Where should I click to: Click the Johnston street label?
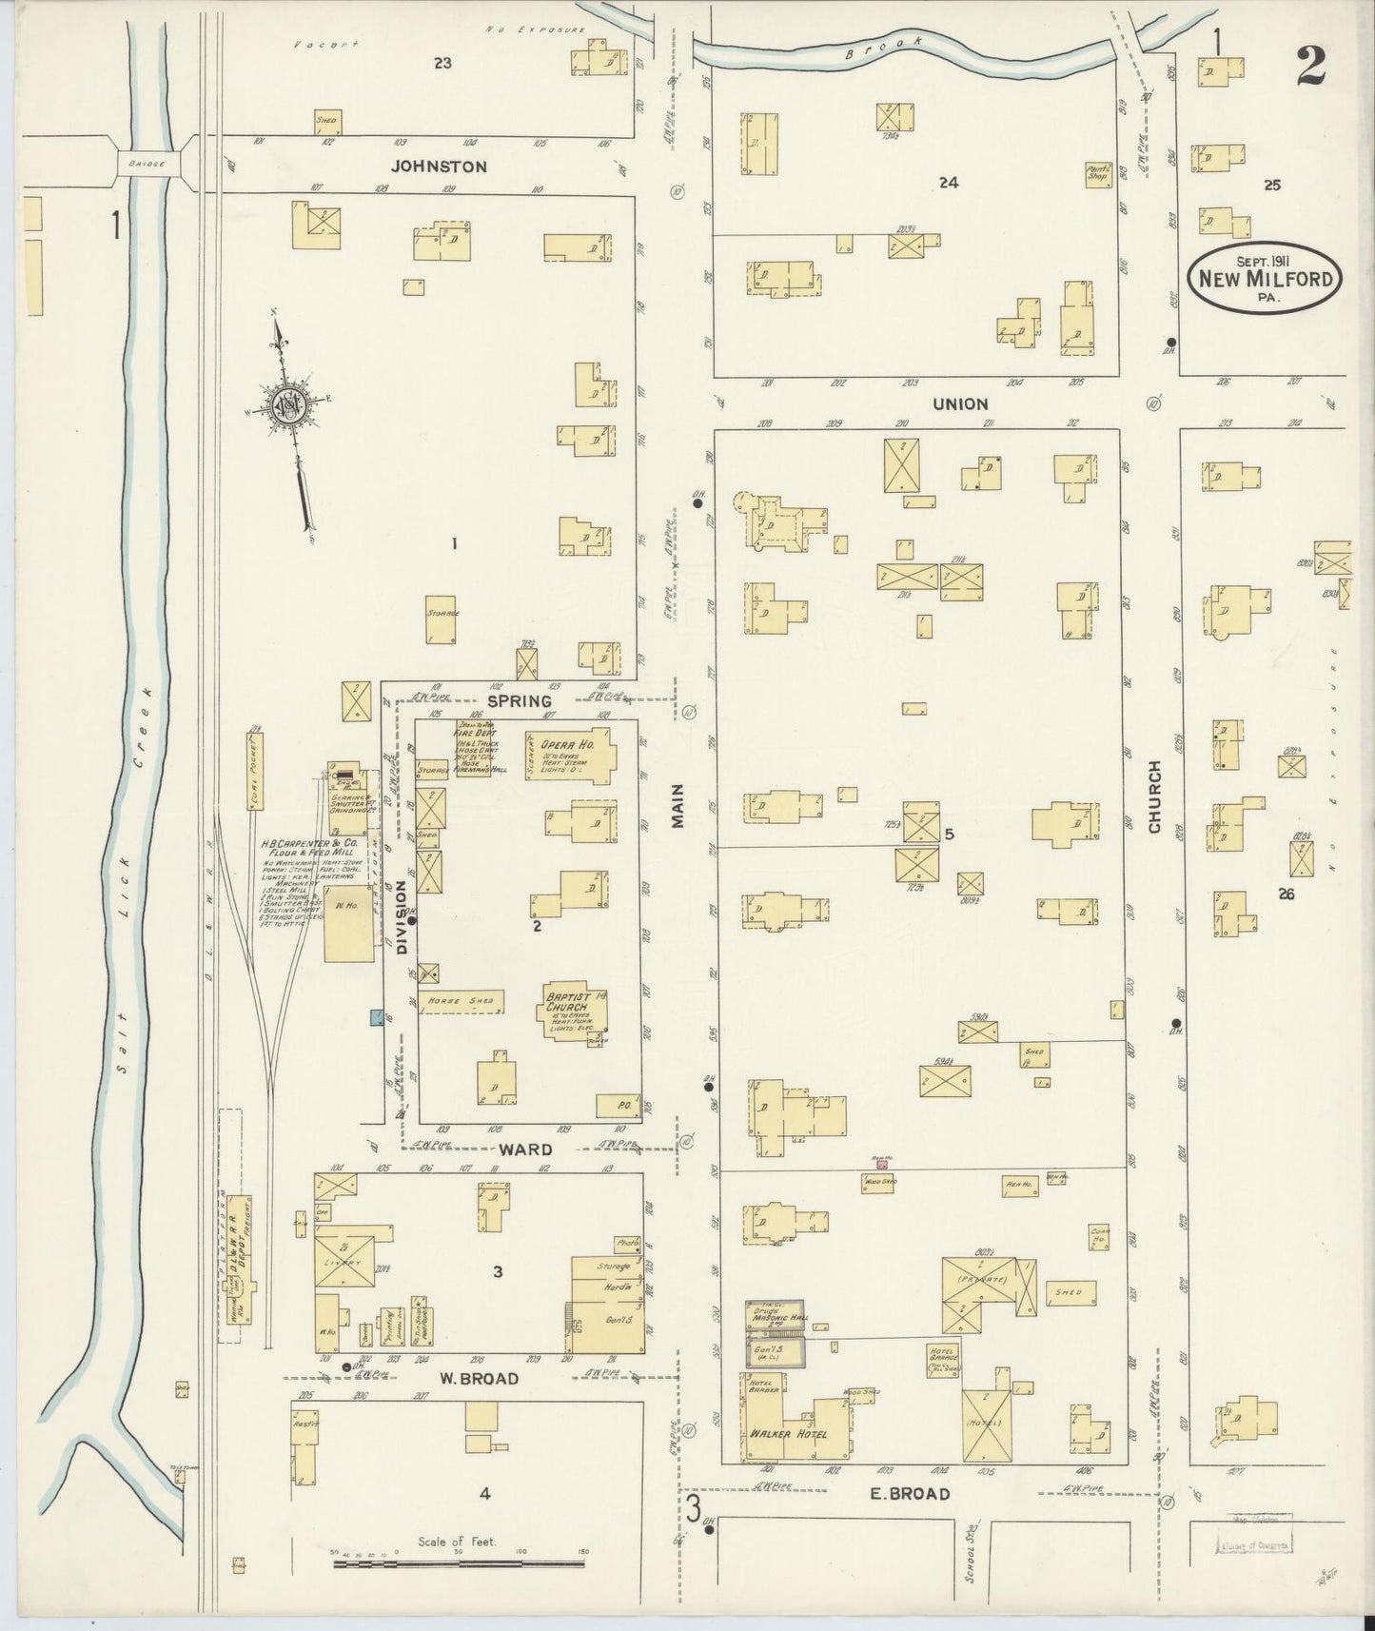tap(439, 167)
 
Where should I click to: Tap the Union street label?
tap(960, 403)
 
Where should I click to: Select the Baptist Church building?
tap(576, 1015)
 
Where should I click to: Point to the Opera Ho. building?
tap(568, 755)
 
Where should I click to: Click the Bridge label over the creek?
tap(148, 164)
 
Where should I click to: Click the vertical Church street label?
tap(1154, 796)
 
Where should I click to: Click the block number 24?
tap(948, 183)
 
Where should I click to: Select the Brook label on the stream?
tap(885, 49)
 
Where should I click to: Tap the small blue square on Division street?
tap(376, 1017)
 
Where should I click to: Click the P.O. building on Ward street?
tap(618, 1104)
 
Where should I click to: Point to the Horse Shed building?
tap(461, 1002)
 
